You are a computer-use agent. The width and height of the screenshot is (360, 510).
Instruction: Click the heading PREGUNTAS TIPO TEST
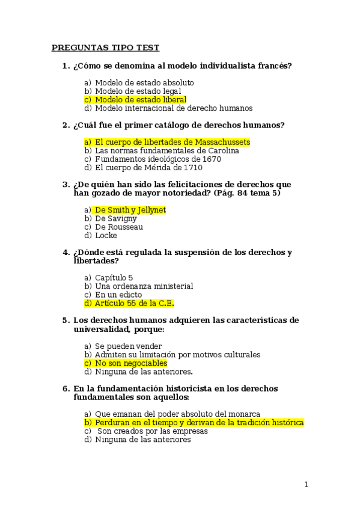click(105, 48)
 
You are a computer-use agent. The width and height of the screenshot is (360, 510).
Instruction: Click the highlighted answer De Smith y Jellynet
click(130, 210)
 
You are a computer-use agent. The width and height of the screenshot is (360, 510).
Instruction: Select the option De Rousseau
click(119, 227)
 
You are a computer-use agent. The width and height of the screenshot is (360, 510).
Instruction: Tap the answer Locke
click(106, 235)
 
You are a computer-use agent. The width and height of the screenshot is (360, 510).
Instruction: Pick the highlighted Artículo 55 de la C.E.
click(134, 303)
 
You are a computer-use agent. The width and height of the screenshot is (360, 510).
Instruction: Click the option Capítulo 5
click(114, 278)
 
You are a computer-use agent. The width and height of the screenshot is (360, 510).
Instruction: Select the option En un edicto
click(118, 295)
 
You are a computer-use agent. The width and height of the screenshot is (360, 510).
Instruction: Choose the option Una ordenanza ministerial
click(144, 286)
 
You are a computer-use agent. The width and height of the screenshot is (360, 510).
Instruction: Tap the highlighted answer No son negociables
click(131, 363)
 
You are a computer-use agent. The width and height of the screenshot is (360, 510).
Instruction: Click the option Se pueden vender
click(128, 346)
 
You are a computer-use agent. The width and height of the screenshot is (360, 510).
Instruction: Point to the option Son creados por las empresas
click(152, 431)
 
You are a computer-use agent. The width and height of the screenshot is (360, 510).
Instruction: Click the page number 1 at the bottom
click(306, 485)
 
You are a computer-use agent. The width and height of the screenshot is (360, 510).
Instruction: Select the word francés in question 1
click(275, 66)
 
